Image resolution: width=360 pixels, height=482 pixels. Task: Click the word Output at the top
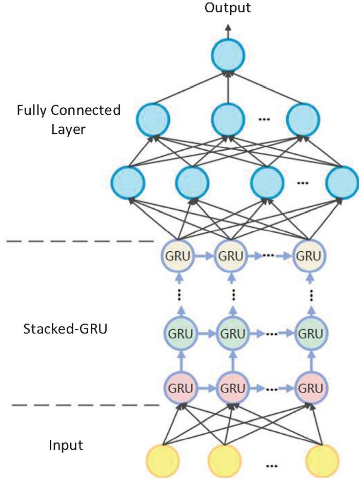pos(227,8)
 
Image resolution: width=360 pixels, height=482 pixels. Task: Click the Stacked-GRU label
pos(65,328)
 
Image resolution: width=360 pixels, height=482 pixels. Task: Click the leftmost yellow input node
pos(163,462)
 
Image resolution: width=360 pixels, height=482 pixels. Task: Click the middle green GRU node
pos(232,334)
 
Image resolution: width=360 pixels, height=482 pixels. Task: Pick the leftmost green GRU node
pos(179,334)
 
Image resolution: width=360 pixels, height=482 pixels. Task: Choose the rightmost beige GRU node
pos(310,254)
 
